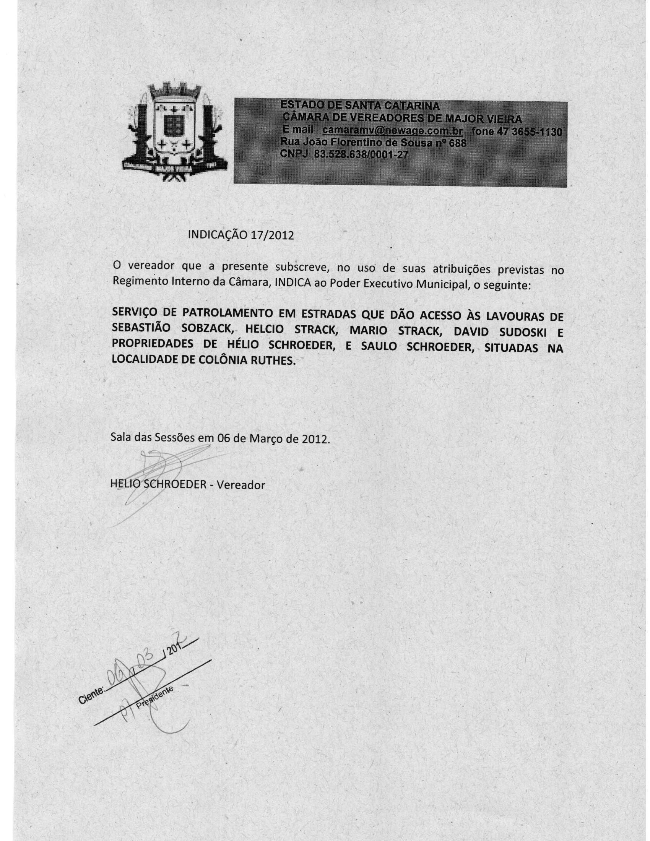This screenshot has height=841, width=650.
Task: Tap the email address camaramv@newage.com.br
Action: click(393, 130)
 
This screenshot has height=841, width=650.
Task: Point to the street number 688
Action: click(457, 143)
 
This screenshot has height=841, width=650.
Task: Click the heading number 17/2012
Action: click(272, 235)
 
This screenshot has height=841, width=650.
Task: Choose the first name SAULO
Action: click(379, 347)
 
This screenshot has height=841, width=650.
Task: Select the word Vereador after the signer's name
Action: click(240, 485)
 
